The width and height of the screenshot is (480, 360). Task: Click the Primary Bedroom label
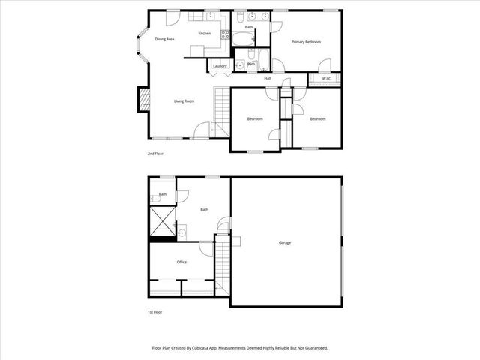pos(306,42)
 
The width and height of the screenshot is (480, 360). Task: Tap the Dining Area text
pos(165,39)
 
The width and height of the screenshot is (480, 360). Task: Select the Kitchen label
pos(204,34)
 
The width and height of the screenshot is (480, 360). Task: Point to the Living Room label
pos(184,100)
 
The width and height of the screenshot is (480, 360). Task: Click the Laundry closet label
pos(220,66)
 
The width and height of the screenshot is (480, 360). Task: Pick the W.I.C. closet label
pos(327,78)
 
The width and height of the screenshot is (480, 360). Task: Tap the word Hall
pos(267,78)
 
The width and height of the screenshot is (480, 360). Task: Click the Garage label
pos(285,242)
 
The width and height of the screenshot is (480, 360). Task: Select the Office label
pos(181,262)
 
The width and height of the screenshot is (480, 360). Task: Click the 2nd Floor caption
pos(155,154)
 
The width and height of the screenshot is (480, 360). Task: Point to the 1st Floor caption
pos(155,311)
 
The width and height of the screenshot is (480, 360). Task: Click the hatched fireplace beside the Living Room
pos(141,99)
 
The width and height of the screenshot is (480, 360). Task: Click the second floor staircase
pos(221,105)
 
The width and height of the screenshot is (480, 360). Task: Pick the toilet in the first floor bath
pos(154,197)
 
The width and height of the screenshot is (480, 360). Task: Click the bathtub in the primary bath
pos(243,37)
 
